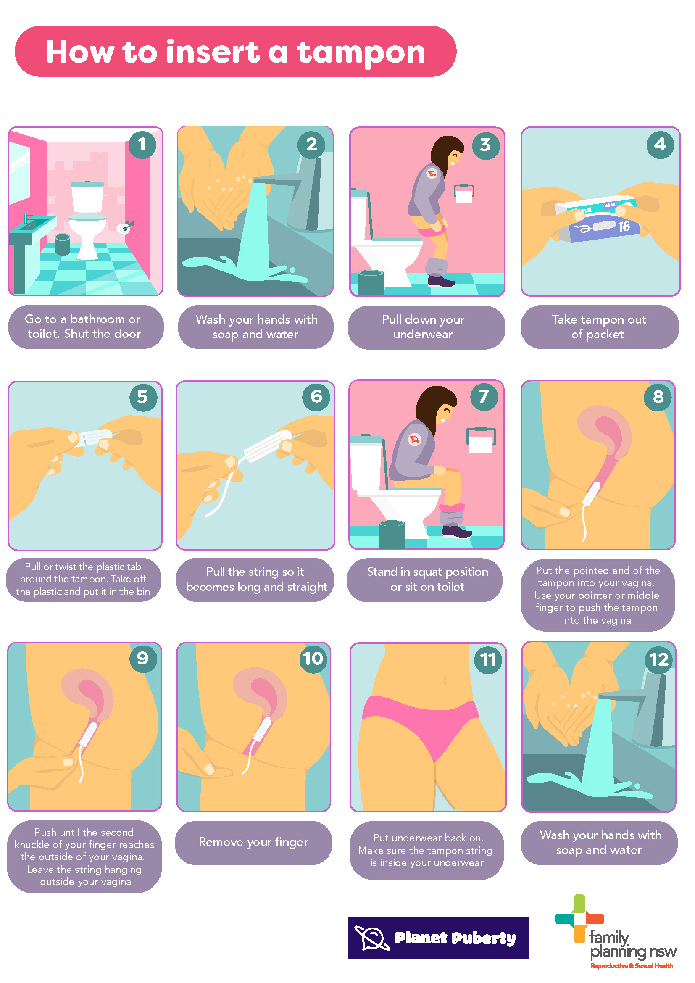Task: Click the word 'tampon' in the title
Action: coord(361,53)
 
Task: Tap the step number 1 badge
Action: coord(142,145)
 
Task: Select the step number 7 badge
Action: coord(484,396)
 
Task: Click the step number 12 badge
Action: coord(659,659)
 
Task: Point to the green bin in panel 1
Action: coord(63,244)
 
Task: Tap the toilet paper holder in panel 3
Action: coord(464,193)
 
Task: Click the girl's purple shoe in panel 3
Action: coord(440,281)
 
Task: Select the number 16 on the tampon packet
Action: coord(624,227)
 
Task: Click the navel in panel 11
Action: coord(445,680)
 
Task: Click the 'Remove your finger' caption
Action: coord(253,842)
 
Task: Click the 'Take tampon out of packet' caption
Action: coord(599,327)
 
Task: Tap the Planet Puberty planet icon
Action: coord(372,938)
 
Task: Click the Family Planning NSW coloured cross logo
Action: coord(579,919)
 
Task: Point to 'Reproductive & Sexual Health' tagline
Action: coord(631,965)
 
